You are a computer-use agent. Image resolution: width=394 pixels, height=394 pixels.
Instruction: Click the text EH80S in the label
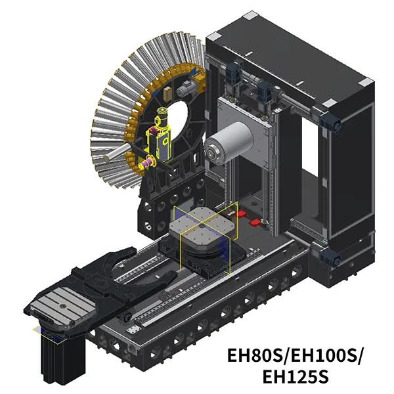[x=255, y=355]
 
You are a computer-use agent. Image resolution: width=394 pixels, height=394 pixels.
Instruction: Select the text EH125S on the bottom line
[x=295, y=376]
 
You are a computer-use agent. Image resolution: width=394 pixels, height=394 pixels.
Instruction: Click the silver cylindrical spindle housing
[x=229, y=143]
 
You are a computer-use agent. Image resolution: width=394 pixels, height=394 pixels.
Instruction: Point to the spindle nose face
[x=213, y=152]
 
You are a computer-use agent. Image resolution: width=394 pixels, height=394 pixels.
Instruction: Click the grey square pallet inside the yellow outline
[x=202, y=226]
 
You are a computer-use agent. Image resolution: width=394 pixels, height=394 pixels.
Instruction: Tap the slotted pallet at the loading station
[x=62, y=309]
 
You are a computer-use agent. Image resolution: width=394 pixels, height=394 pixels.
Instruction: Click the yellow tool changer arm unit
[x=161, y=137]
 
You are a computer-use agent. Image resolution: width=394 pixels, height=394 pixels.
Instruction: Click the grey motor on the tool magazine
[x=187, y=89]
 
